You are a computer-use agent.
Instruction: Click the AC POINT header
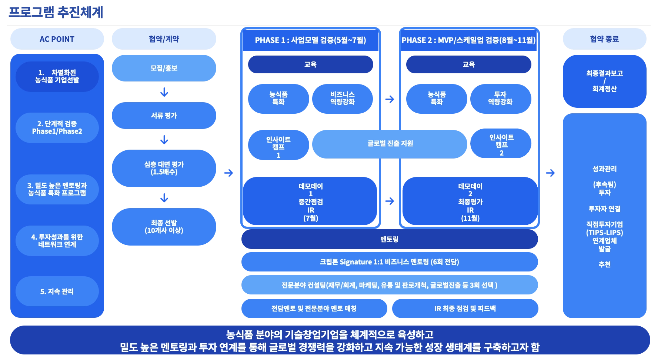click(x=57, y=39)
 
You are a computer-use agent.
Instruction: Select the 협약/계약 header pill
click(x=163, y=39)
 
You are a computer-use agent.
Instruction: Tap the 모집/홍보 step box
click(x=163, y=68)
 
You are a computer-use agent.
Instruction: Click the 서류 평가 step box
click(x=163, y=116)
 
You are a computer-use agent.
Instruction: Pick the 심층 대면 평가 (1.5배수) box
click(x=163, y=168)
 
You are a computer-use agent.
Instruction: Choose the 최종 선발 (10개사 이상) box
click(x=163, y=227)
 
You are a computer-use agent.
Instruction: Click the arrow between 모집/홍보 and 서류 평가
click(x=164, y=92)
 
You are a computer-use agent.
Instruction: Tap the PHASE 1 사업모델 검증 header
click(x=310, y=40)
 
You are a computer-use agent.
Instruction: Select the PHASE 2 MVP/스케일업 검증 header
click(x=468, y=40)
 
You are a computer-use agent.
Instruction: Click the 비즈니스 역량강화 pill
click(x=342, y=98)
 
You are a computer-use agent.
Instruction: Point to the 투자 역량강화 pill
click(x=500, y=98)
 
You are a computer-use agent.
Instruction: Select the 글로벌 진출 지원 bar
click(x=390, y=143)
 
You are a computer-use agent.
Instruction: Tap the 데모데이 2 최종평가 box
click(x=470, y=202)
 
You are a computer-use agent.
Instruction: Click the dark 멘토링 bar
click(x=389, y=239)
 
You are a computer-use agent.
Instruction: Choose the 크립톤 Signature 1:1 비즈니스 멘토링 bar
click(x=389, y=262)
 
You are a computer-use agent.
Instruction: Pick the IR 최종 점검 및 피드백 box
click(x=465, y=309)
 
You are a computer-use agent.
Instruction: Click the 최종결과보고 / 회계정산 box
click(x=604, y=81)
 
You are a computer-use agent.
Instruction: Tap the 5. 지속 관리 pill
click(x=57, y=291)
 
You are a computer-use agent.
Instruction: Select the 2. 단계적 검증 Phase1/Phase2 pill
click(x=57, y=127)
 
